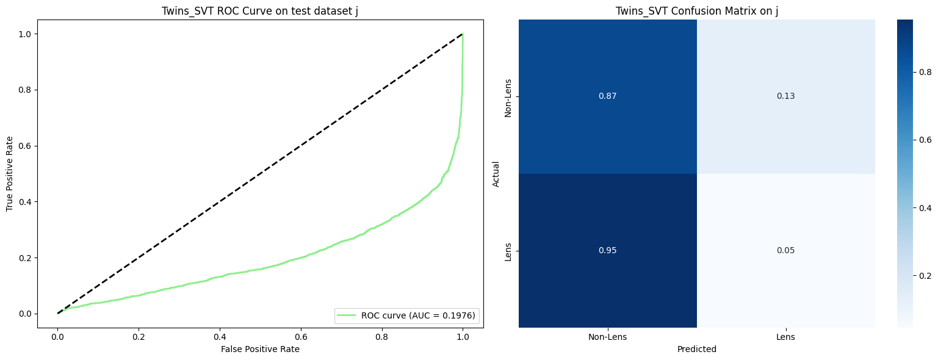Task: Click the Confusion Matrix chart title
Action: pyautogui.click(x=696, y=10)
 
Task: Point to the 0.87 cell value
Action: pyautogui.click(x=608, y=96)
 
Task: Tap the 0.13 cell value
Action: pyautogui.click(x=785, y=96)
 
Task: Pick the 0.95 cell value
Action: pyautogui.click(x=608, y=250)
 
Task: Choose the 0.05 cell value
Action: pyautogui.click(x=785, y=250)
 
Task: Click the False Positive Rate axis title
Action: pyautogui.click(x=260, y=349)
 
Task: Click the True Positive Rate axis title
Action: pyautogui.click(x=10, y=174)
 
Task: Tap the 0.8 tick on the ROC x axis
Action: pyautogui.click(x=381, y=336)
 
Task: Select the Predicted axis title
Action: pyautogui.click(x=696, y=350)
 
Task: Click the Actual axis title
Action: pyautogui.click(x=496, y=174)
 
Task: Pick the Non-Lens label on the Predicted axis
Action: pyautogui.click(x=608, y=337)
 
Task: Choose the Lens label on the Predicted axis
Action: pyautogui.click(x=785, y=337)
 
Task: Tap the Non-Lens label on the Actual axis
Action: pyautogui.click(x=508, y=96)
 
